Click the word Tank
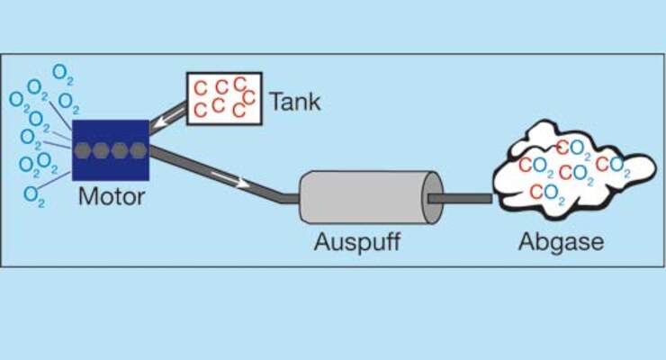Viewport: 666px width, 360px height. pyautogui.click(x=295, y=102)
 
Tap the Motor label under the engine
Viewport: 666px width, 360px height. pyautogui.click(x=112, y=196)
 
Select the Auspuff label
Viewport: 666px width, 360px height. pyautogui.click(x=357, y=242)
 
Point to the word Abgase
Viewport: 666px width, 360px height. pyautogui.click(x=561, y=242)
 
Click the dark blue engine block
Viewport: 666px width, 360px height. pyautogui.click(x=111, y=150)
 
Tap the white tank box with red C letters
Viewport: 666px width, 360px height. pyautogui.click(x=224, y=98)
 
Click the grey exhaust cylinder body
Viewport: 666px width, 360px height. pyautogui.click(x=365, y=197)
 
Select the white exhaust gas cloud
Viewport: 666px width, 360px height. pyautogui.click(x=573, y=170)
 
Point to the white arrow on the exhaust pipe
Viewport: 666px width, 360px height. pyautogui.click(x=229, y=179)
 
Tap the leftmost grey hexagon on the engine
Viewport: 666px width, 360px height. pyautogui.click(x=83, y=150)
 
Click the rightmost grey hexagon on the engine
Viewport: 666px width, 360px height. pyautogui.click(x=138, y=150)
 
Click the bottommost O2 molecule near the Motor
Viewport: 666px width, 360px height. pyautogui.click(x=34, y=196)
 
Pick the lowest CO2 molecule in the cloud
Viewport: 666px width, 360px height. pyautogui.click(x=548, y=193)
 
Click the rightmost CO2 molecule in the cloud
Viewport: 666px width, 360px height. pyautogui.click(x=613, y=166)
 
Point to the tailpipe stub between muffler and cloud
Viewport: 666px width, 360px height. pyautogui.click(x=460, y=198)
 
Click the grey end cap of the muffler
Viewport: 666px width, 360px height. pyautogui.click(x=433, y=197)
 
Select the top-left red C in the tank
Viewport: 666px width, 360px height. pyautogui.click(x=200, y=89)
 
